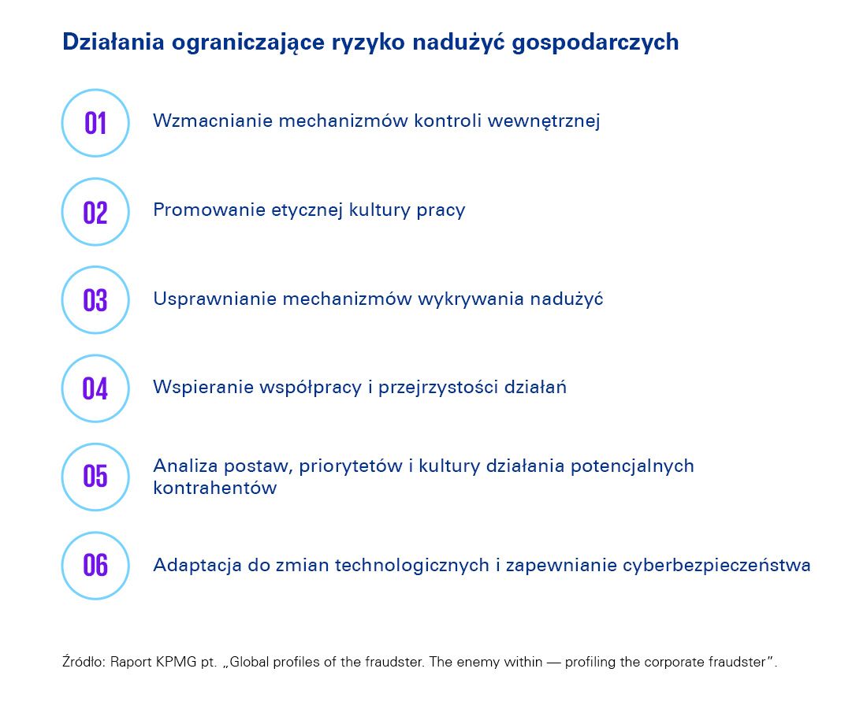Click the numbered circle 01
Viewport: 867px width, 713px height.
tap(95, 123)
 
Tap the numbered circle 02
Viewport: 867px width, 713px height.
tap(95, 211)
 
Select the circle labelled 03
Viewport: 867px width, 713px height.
tap(95, 299)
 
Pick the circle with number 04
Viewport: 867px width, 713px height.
tap(95, 388)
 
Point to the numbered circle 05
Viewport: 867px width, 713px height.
tap(95, 477)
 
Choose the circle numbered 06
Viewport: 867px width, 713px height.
tap(95, 565)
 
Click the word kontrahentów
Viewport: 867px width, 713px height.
tap(214, 488)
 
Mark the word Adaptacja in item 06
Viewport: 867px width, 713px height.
tap(191, 566)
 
